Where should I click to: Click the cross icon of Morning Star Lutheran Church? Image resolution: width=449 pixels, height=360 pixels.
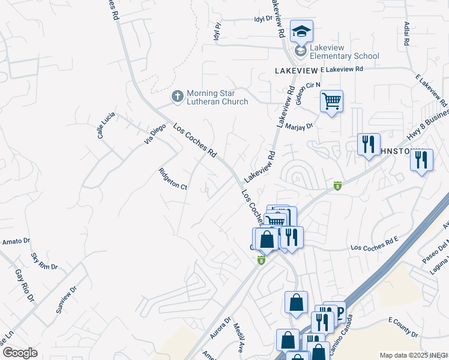(x=177, y=95)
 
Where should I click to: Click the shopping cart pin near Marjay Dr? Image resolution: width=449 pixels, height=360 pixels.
(x=331, y=101)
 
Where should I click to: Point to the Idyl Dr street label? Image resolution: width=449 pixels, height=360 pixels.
(x=263, y=19)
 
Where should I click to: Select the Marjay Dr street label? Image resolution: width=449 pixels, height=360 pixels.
(x=300, y=127)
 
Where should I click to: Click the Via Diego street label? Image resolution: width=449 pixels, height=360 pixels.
(x=154, y=134)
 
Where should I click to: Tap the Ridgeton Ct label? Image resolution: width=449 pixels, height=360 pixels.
(x=173, y=179)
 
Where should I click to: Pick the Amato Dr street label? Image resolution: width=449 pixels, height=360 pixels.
(x=15, y=242)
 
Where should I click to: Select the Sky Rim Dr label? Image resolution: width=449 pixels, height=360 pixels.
(x=44, y=260)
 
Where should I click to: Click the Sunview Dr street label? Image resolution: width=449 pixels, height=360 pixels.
(x=67, y=299)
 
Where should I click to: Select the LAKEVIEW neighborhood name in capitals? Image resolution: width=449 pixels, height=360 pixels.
(x=296, y=70)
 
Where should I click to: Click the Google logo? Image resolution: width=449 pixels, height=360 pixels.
(x=20, y=353)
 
